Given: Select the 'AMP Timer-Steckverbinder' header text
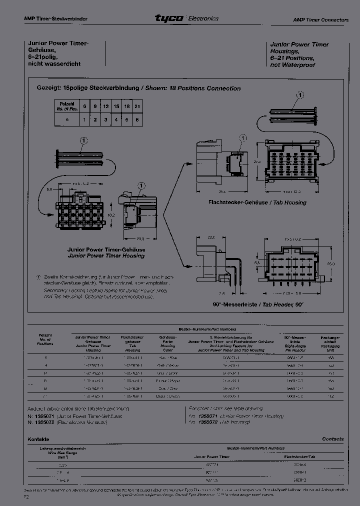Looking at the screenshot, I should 55,18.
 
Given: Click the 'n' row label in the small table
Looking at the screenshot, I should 66,120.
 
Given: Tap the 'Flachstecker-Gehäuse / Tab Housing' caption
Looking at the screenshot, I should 257,202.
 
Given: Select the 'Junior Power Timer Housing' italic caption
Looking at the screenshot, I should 106,255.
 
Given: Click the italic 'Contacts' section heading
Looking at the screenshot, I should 332,438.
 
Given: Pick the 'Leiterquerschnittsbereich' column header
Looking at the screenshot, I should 62,448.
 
